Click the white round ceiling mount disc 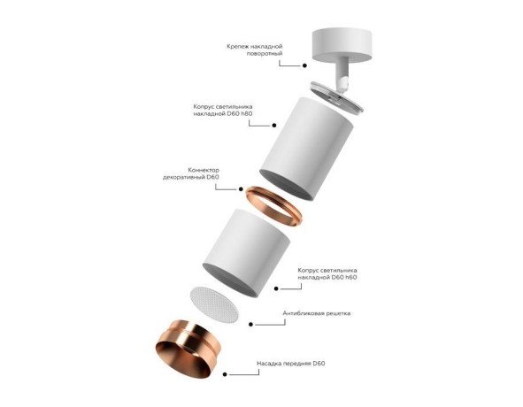tap(339, 42)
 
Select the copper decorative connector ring tap(277, 206)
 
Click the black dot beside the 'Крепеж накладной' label tap(304, 65)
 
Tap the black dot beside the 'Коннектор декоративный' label tap(239, 188)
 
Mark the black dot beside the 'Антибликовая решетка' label tap(252, 325)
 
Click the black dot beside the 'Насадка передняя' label tap(225, 375)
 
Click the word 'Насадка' tap(271, 364)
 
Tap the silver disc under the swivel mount tap(337, 96)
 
